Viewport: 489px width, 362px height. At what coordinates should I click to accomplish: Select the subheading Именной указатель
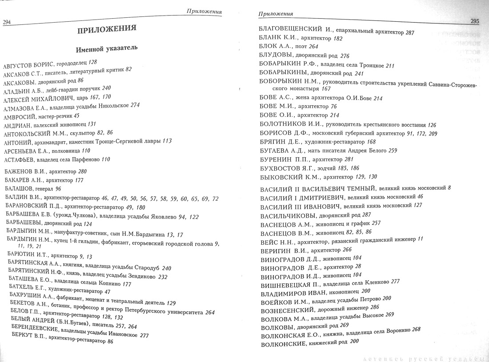coord(107,48)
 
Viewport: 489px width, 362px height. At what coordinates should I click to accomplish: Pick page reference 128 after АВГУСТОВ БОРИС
coord(92,62)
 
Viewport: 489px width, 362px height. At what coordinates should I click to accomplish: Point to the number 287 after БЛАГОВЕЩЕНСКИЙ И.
coord(410,32)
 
